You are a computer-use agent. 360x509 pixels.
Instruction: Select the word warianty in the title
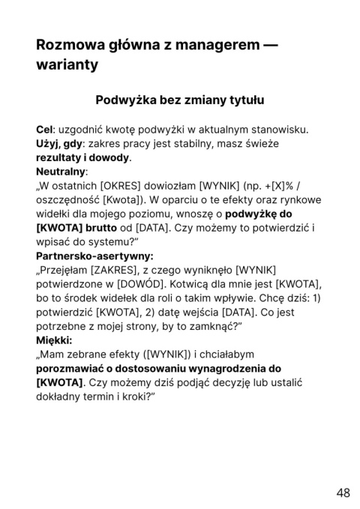67,65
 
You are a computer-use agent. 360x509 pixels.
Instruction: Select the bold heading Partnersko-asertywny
94,256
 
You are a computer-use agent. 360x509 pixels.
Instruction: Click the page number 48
343,493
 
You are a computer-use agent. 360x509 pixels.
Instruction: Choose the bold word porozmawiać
76,368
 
